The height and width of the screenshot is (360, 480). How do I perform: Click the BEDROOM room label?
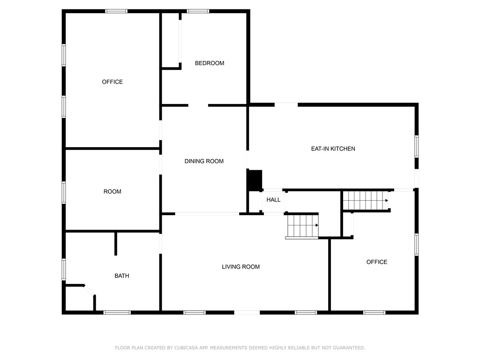(x=210, y=63)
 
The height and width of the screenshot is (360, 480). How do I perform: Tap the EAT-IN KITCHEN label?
(x=333, y=149)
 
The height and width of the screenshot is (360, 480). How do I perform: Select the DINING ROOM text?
(x=204, y=161)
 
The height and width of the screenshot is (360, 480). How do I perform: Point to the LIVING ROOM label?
(x=240, y=267)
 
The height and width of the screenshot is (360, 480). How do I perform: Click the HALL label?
(x=273, y=200)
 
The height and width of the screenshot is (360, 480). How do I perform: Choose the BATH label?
(x=122, y=276)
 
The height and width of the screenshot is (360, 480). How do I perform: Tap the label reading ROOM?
(x=112, y=191)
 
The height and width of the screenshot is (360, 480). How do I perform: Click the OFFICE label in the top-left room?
(x=112, y=82)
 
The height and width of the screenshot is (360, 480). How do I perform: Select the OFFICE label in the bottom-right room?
(x=377, y=262)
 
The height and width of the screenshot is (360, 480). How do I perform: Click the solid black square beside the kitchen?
(x=255, y=180)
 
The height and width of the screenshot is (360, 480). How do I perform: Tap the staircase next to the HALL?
(x=302, y=225)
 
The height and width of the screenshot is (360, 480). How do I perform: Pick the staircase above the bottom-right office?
(x=366, y=200)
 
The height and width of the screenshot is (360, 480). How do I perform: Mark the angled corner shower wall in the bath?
(x=89, y=290)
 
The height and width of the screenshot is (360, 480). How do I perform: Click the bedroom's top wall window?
(x=198, y=11)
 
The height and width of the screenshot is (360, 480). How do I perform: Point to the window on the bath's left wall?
(x=64, y=269)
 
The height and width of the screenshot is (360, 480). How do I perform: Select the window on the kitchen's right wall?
(x=416, y=146)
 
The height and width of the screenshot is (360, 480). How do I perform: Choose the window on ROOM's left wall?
(x=64, y=192)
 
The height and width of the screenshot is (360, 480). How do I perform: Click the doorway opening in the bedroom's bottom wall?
(x=198, y=105)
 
